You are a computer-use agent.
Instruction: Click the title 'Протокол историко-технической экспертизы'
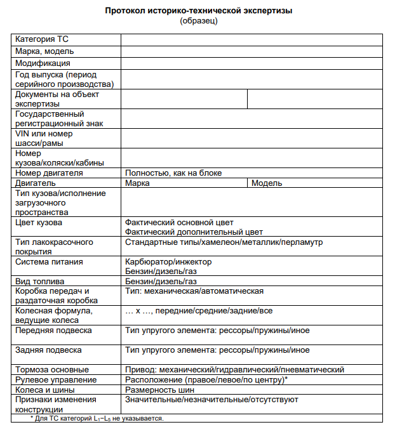(x=199, y=11)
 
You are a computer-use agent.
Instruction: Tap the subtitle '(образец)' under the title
(x=199, y=21)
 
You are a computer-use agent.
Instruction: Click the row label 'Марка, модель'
(x=44, y=51)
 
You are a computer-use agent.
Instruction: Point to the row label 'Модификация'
(x=43, y=63)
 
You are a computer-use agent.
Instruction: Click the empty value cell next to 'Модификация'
(x=252, y=63)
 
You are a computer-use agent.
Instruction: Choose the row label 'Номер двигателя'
(x=49, y=173)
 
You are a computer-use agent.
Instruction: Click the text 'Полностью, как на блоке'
(x=173, y=173)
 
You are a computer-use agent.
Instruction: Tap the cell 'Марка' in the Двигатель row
(x=138, y=183)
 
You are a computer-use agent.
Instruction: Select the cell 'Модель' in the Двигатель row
(x=267, y=183)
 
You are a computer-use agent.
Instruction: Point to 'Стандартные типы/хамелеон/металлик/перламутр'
(x=224, y=242)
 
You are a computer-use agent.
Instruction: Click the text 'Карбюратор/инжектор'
(x=168, y=261)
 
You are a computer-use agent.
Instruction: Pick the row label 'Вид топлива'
(x=41, y=281)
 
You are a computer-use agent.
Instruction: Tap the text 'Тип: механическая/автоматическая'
(x=194, y=291)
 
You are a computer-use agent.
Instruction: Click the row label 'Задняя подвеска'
(x=49, y=350)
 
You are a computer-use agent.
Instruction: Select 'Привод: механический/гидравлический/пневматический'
(x=234, y=369)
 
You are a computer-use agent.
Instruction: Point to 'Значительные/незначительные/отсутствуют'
(x=211, y=400)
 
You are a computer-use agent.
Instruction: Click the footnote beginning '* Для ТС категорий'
(x=97, y=419)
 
